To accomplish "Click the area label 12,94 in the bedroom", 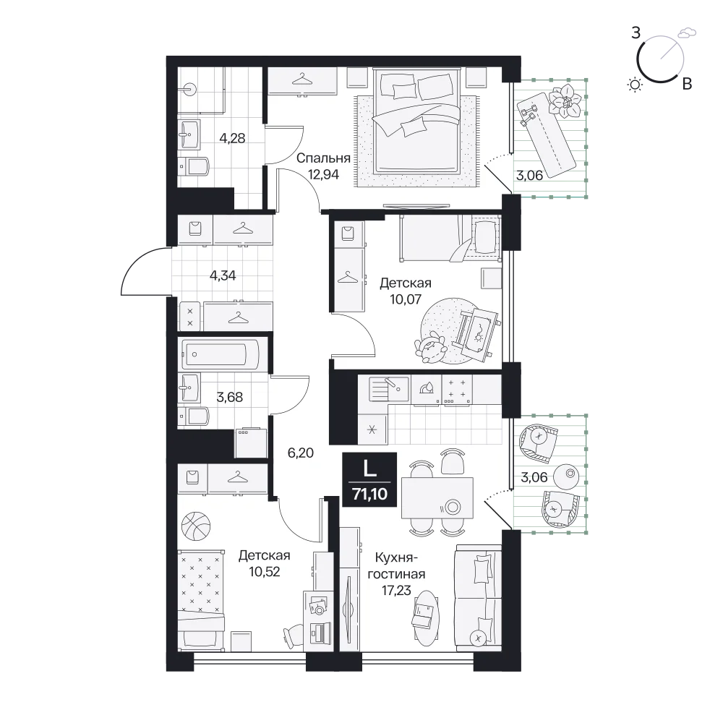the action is [x=324, y=174].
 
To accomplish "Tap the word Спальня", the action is [x=323, y=158].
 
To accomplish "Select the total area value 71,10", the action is [x=369, y=494].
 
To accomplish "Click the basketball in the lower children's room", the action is [x=196, y=526].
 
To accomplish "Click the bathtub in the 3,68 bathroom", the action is [x=220, y=354].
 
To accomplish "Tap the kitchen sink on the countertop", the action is [x=389, y=388].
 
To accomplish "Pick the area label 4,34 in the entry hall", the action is [x=223, y=275].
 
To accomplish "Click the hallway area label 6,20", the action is [x=301, y=453].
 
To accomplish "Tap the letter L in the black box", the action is [x=369, y=469].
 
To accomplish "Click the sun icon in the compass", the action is [x=636, y=85].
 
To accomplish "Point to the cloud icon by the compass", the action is [x=687, y=33].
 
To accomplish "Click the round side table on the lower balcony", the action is [x=566, y=476].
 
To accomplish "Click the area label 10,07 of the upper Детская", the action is [x=406, y=299].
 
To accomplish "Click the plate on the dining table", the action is [x=453, y=508].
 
